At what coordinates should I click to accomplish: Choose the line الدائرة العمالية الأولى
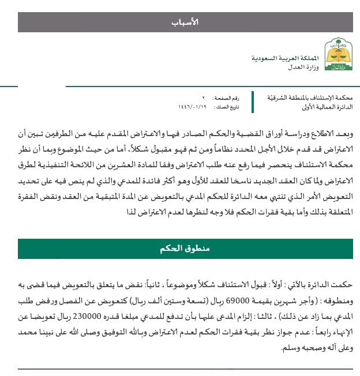(x=327, y=108)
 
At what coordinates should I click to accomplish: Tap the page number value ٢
(x=203, y=99)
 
